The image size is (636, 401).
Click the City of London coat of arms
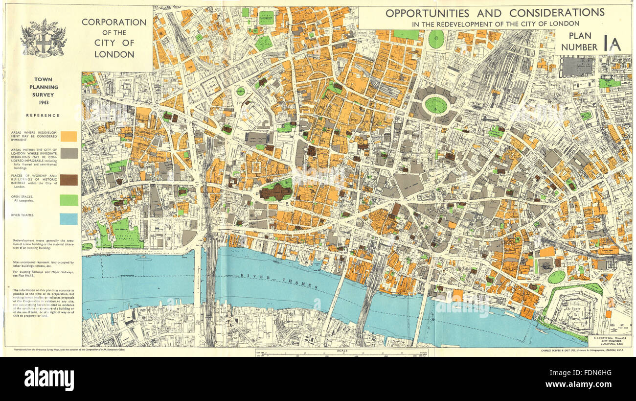[43, 38]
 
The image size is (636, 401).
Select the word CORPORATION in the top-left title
[114, 22]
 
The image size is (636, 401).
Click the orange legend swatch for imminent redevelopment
[68, 136]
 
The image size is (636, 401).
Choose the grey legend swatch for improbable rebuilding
[68, 153]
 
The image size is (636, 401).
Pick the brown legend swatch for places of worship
[68, 180]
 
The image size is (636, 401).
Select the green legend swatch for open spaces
[68, 200]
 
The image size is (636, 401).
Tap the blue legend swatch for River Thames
[68, 219]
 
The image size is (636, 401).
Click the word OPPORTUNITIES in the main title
[427, 13]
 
